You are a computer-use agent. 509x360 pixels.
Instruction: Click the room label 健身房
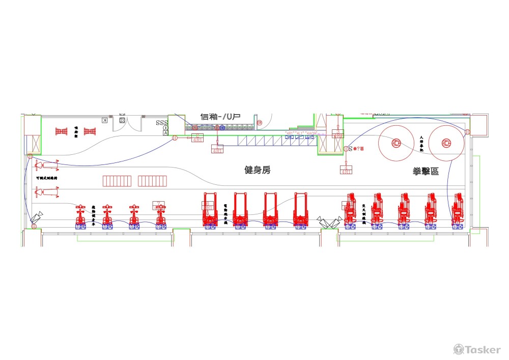tap(257, 170)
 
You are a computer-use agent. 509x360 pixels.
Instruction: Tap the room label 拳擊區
tap(426, 172)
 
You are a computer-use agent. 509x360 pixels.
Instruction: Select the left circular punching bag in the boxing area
tap(395, 143)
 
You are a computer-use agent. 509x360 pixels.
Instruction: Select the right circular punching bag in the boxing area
tap(446, 143)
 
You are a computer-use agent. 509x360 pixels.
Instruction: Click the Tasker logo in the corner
tap(477, 349)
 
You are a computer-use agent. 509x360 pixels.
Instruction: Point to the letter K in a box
tap(104, 120)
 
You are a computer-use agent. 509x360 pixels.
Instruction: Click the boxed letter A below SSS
tap(165, 133)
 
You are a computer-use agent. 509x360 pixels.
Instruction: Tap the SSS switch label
tap(161, 123)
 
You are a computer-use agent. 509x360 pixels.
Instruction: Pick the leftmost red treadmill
tap(210, 209)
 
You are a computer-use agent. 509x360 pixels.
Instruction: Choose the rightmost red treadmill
tap(301, 209)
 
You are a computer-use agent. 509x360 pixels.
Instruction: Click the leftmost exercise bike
tap(81, 216)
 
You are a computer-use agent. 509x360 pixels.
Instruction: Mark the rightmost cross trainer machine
tap(457, 210)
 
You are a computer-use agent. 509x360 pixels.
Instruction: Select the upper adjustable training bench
tap(46, 165)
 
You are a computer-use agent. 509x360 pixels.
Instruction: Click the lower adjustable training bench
tap(46, 192)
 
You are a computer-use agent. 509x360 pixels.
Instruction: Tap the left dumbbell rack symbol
tap(62, 131)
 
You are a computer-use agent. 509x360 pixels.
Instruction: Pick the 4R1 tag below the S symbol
tap(346, 170)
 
